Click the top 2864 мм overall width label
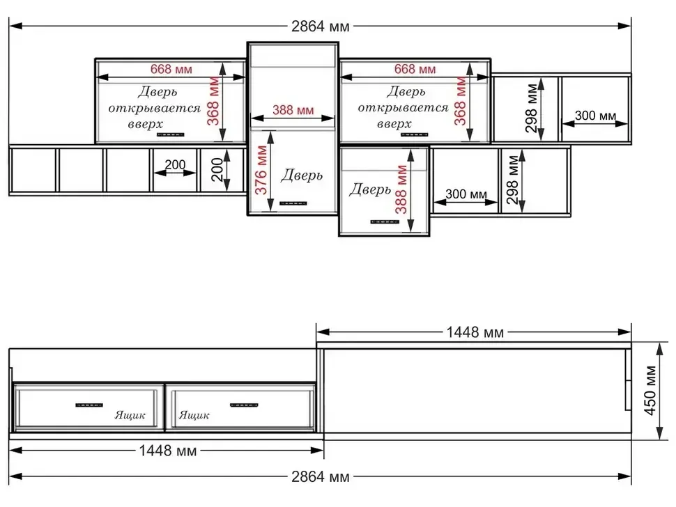pos(321,26)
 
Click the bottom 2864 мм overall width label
pos(321,477)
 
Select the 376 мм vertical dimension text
pos(261,170)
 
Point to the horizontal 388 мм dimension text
pos(293,110)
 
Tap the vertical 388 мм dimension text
pos(401,189)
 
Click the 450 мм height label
pos(650,390)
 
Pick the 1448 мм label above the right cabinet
pos(475,332)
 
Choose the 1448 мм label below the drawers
pos(168,451)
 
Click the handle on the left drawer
pos(89,405)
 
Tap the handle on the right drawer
pos(244,405)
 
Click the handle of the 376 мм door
pos(293,203)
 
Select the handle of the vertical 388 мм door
pos(385,222)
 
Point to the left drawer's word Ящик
pos(130,415)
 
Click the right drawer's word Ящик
pos(194,415)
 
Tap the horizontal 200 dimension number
pos(175,164)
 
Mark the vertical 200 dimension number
pos(217,169)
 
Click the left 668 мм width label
pos(171,69)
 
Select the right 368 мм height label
pos(460,101)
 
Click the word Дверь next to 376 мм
pos(302,175)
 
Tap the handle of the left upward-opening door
pos(170,135)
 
